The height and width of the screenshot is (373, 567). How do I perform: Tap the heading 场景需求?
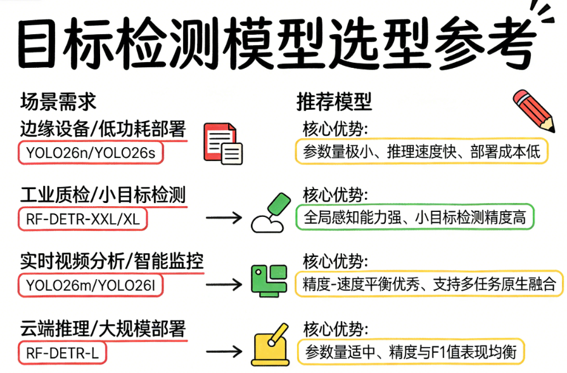[58, 101]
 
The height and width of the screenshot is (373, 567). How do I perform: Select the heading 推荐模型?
[334, 101]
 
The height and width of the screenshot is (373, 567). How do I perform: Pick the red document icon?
[222, 144]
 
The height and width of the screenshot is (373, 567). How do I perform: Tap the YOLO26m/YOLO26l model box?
[91, 285]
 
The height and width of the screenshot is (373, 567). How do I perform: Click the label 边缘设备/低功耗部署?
[103, 129]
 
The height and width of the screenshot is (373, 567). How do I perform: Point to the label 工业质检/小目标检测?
[103, 195]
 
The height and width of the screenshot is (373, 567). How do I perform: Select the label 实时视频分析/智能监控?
[112, 261]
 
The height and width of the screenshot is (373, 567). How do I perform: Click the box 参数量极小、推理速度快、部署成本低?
[421, 152]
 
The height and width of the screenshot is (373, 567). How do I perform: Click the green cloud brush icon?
[271, 213]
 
